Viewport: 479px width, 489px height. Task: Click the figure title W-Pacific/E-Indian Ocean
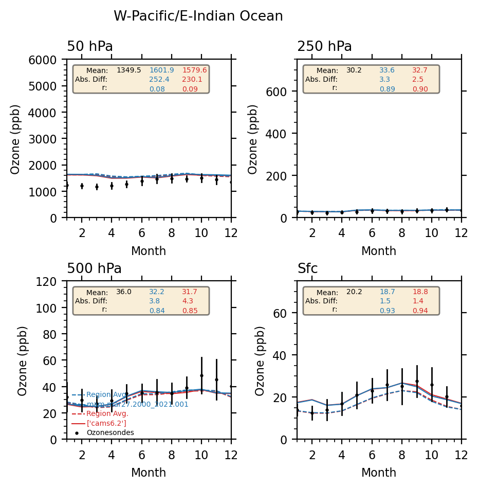click(198, 16)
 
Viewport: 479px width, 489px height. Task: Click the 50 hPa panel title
click(90, 47)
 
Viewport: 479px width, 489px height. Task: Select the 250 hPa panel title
click(324, 47)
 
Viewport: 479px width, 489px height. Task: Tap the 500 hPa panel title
click(94, 269)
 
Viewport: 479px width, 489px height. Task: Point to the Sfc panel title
click(307, 269)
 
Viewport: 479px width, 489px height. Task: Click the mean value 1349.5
click(128, 70)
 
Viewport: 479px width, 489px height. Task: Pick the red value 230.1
click(192, 80)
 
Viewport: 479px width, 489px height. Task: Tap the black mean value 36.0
click(124, 292)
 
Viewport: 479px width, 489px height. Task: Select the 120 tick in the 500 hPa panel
click(54, 282)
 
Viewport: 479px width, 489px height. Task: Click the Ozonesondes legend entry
click(110, 433)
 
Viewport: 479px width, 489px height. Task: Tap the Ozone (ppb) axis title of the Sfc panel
click(260, 360)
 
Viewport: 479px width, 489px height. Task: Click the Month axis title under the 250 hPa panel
click(379, 251)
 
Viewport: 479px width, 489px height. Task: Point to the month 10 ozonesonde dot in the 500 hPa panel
click(201, 376)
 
